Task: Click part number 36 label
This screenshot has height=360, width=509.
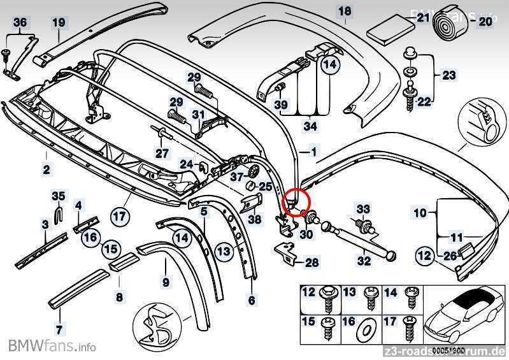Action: tap(20, 22)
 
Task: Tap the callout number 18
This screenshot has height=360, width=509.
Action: tap(344, 11)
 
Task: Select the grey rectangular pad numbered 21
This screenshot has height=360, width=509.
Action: tap(391, 29)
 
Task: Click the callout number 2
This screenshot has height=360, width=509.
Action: tap(47, 169)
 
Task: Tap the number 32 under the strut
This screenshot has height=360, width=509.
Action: tap(363, 260)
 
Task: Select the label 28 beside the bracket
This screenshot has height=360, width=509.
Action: tap(312, 263)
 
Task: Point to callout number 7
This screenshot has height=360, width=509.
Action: tap(59, 329)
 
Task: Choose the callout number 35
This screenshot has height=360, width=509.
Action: tap(58, 196)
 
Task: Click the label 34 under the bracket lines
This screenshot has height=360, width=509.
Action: tap(310, 126)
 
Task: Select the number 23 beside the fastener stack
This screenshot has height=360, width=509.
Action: tap(449, 75)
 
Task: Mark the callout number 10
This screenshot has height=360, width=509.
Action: tap(420, 213)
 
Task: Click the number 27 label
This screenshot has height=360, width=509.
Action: tap(162, 153)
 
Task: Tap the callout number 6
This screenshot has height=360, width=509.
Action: tap(251, 300)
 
